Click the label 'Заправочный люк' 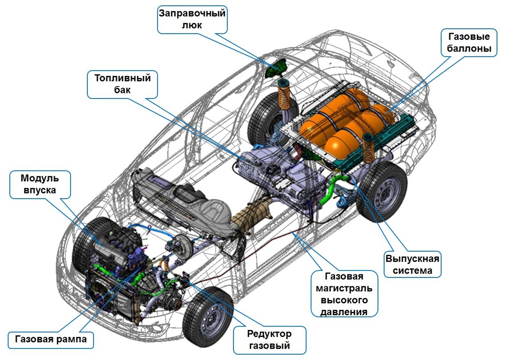click(192, 19)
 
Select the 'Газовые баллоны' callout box click(469, 43)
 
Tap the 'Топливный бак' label click(122, 84)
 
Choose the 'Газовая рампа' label click(51, 339)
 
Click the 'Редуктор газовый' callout click(270, 339)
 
